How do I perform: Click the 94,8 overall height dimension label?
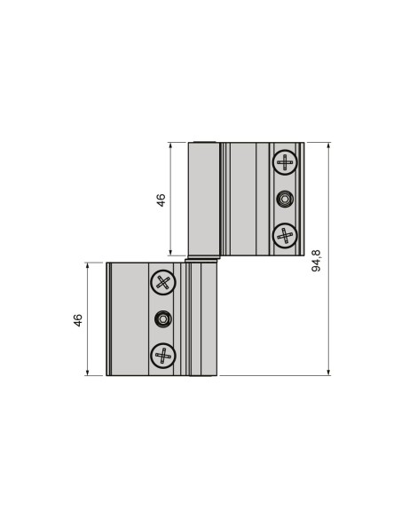pos(317,260)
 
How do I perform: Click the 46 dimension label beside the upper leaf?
pos(161,200)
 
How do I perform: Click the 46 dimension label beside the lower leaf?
pos(78,318)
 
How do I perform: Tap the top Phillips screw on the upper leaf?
pos(284,161)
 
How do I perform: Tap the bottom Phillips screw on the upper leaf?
pos(284,235)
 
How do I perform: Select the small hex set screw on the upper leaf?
pos(284,198)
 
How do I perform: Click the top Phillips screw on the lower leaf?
pos(162,282)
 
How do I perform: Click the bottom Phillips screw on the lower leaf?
pos(162,355)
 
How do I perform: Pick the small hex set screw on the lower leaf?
pos(162,318)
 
